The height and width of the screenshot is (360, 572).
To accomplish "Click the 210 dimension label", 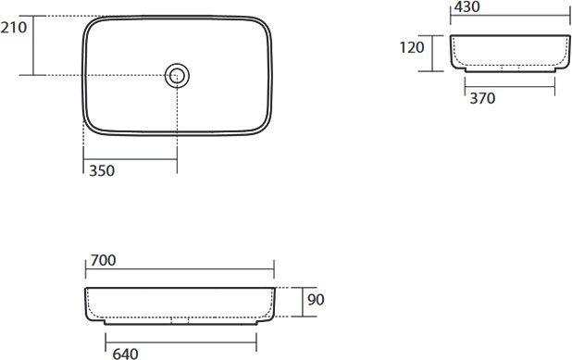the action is click(14, 28).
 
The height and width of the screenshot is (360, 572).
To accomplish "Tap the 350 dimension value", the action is click(102, 170).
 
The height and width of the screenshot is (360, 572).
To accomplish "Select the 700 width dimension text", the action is click(104, 260).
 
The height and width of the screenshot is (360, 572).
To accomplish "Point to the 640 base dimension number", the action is click(125, 354).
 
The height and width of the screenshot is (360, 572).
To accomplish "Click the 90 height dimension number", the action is click(316, 300).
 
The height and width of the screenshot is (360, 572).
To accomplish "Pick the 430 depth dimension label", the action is click(466, 6).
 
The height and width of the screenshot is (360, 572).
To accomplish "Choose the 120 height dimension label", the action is click(412, 47).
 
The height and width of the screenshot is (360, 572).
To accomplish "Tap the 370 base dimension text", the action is click(482, 98).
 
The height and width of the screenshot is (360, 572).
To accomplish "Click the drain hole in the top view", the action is click(177, 76).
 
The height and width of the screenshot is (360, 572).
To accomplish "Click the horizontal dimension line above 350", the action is click(131, 159).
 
